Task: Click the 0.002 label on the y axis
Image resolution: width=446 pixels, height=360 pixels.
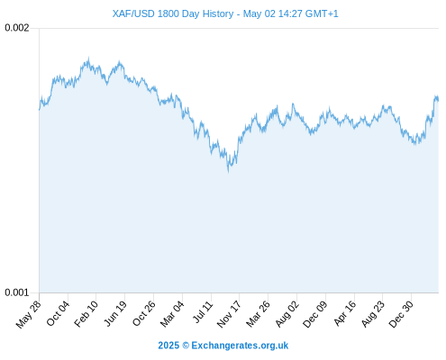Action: (17, 28)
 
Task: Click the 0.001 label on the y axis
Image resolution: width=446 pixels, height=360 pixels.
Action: (17, 292)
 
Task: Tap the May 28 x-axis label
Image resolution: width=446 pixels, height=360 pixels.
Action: (29, 314)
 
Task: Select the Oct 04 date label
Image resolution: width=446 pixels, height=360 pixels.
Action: (58, 313)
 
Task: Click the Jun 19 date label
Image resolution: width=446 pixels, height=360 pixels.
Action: (115, 313)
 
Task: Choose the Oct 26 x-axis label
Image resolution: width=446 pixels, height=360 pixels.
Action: (144, 313)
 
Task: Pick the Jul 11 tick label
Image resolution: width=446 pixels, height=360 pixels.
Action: (203, 312)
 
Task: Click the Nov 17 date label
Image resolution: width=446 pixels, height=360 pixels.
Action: (229, 314)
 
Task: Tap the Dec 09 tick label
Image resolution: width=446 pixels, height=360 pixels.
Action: (315, 314)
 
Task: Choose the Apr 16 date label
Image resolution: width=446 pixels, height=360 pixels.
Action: (345, 313)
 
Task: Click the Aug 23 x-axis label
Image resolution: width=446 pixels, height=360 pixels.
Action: (373, 314)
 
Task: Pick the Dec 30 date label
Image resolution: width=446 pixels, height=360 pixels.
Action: (401, 314)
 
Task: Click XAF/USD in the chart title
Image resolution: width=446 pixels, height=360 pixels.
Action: (133, 13)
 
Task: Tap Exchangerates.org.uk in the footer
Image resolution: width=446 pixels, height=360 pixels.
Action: (240, 346)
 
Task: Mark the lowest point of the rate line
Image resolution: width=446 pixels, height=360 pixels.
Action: (229, 172)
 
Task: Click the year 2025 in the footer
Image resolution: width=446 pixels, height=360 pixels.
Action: (168, 346)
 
